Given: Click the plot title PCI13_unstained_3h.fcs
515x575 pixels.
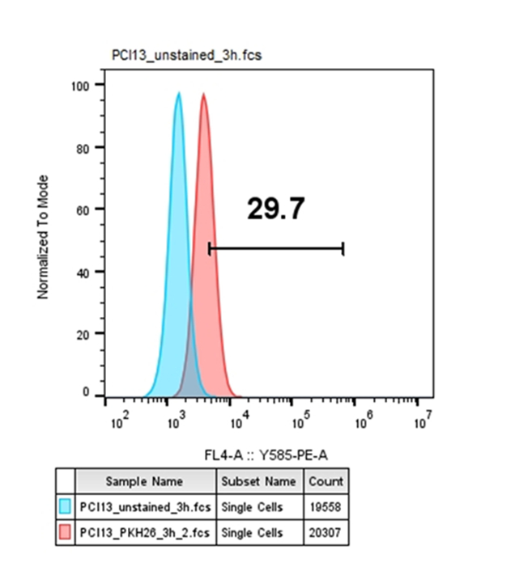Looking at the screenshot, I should click(186, 55).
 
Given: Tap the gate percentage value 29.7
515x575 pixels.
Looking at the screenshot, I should click(275, 209).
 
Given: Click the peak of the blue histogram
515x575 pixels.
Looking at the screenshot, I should click(179, 94).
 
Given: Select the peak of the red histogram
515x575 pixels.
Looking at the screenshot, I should click(204, 95).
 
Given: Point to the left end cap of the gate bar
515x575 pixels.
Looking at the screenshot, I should click(210, 248).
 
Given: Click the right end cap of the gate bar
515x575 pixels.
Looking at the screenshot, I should click(343, 248).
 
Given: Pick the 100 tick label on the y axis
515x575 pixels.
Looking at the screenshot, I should click(83, 85).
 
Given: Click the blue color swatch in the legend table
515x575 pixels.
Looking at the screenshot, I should click(65, 507).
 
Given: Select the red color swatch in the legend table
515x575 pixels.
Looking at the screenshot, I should click(65, 533).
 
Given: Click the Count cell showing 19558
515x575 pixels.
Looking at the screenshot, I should click(326, 507).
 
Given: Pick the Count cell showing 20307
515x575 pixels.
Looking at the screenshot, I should click(326, 533).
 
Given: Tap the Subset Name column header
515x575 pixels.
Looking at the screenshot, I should click(258, 481).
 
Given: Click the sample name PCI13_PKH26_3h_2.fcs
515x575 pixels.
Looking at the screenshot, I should click(146, 533).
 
